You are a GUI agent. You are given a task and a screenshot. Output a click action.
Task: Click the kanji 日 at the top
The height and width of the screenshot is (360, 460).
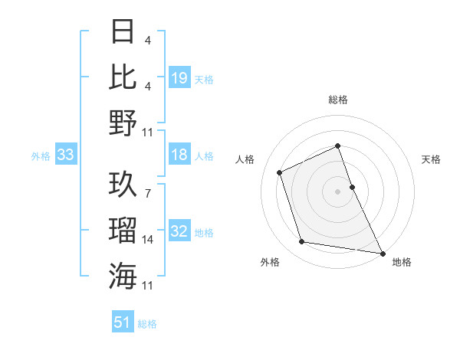(123, 33)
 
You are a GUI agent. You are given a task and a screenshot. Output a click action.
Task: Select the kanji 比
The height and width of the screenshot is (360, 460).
(123, 77)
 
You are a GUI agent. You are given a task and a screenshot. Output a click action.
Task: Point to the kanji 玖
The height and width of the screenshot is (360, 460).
(123, 185)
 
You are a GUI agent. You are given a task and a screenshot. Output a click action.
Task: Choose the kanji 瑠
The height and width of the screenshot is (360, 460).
(123, 229)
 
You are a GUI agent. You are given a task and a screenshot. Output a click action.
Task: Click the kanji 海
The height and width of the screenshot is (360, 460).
(123, 274)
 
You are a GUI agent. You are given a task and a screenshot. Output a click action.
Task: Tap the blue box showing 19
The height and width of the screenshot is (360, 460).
(179, 77)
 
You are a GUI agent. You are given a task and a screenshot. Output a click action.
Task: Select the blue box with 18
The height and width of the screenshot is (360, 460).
(179, 155)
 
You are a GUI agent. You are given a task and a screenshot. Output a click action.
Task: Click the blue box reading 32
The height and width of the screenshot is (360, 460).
(179, 232)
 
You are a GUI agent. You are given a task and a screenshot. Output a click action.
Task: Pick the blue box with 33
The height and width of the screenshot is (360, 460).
(65, 155)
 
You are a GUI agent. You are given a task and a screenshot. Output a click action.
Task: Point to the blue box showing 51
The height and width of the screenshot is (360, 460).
(123, 322)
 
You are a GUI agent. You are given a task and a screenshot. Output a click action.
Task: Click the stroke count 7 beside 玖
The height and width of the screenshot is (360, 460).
(147, 185)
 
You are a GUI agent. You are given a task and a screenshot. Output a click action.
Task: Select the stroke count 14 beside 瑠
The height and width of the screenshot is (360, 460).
(149, 240)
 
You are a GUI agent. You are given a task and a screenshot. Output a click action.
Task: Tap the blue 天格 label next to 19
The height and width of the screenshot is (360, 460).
(204, 79)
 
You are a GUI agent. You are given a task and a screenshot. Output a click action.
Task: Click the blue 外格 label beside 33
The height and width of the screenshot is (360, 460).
(41, 156)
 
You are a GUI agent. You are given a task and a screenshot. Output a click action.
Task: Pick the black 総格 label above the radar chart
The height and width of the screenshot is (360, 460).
(337, 100)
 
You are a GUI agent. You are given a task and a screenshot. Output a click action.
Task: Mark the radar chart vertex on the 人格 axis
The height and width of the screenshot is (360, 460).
(280, 172)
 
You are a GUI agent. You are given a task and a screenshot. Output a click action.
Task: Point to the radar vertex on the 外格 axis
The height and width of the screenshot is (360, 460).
(302, 242)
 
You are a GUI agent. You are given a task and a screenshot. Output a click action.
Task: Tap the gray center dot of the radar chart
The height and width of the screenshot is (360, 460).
(337, 191)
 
